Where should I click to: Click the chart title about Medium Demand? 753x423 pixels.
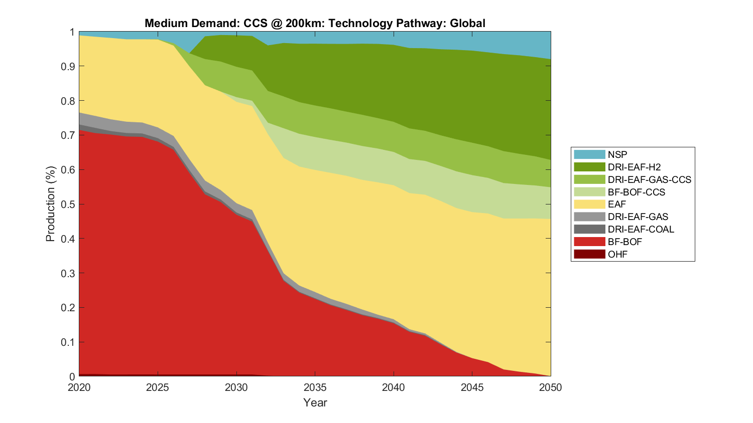[x=315, y=23]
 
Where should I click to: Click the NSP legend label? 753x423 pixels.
[x=617, y=154]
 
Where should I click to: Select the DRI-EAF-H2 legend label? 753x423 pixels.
[x=634, y=167]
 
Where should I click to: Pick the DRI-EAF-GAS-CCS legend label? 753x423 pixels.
[x=649, y=179]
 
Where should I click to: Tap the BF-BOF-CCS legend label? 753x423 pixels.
[x=636, y=192]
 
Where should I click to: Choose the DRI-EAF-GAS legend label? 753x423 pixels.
[x=638, y=217]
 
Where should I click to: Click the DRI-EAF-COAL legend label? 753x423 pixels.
[x=641, y=230]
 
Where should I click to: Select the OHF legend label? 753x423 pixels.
[x=617, y=254]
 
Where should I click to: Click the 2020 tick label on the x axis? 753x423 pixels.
[x=79, y=387]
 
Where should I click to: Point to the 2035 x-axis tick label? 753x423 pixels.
[x=315, y=387]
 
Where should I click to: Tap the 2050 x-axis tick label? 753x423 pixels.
[x=551, y=387]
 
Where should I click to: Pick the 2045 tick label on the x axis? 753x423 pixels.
[x=472, y=387]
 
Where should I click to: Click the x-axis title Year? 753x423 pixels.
[x=315, y=402]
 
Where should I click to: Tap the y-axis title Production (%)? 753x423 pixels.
[x=50, y=204]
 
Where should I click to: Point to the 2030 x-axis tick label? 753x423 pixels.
[x=236, y=387]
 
